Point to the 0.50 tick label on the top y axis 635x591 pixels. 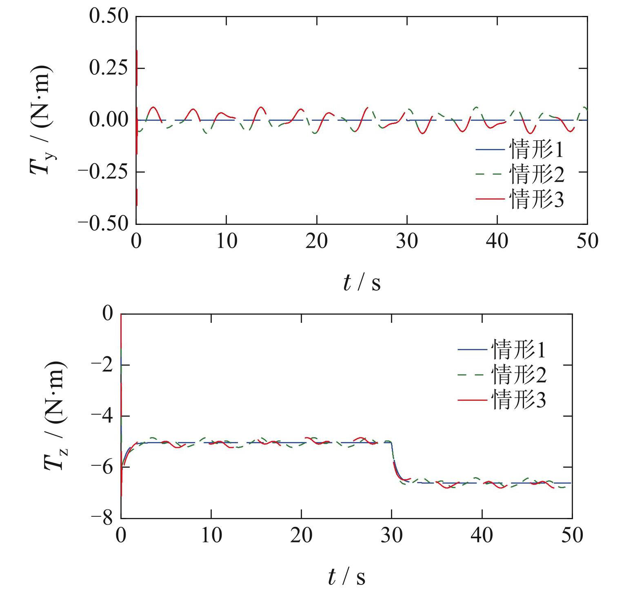(108, 17)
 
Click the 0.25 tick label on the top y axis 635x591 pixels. (108, 68)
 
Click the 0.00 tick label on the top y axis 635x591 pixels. (108, 120)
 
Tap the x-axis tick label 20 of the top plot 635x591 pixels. (317, 241)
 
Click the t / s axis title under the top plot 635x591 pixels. (362, 282)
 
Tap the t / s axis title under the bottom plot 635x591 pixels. (346, 577)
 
